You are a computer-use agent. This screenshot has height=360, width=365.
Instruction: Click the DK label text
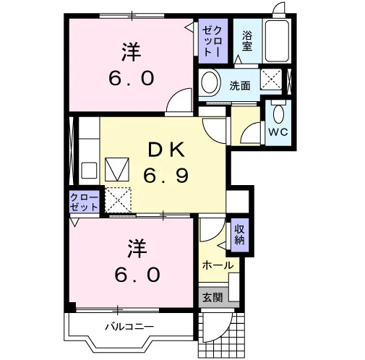[x=166, y=150]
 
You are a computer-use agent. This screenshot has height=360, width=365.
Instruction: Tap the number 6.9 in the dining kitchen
[x=166, y=176]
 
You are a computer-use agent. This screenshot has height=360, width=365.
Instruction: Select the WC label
[x=278, y=132]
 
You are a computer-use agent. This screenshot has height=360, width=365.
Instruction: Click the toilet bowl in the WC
[x=278, y=114]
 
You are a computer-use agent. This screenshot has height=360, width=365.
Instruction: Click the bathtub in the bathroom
[x=277, y=41]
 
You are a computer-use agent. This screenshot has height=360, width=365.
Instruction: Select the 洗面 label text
[x=240, y=85]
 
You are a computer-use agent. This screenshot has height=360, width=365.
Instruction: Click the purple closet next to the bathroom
[x=213, y=41]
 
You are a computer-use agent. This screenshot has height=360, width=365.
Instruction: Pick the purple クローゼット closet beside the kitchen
[x=85, y=202]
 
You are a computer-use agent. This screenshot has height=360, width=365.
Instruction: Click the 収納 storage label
[x=239, y=234]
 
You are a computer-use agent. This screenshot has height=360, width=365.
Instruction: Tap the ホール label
[x=218, y=265]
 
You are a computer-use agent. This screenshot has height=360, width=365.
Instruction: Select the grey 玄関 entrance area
[x=213, y=297]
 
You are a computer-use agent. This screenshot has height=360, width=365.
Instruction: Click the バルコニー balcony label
[x=129, y=327]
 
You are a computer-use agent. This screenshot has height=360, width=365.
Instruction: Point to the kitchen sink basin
[x=89, y=171]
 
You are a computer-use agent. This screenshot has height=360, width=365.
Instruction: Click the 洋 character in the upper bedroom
[x=132, y=52]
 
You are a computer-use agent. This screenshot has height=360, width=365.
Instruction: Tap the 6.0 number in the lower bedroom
[x=137, y=275]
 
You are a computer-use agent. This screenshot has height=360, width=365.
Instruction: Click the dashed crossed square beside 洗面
[x=271, y=80]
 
